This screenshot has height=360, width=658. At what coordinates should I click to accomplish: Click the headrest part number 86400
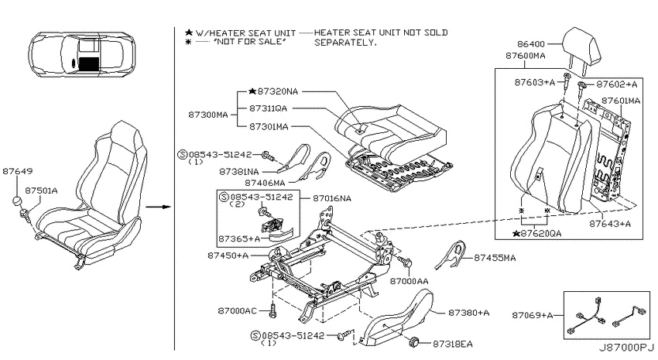pyautogui.click(x=531, y=44)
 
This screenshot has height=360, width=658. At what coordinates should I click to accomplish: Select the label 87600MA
pyautogui.click(x=526, y=56)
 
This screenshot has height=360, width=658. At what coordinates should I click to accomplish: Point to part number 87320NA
pyautogui.click(x=277, y=91)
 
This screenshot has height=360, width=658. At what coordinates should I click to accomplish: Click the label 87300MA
pyautogui.click(x=208, y=115)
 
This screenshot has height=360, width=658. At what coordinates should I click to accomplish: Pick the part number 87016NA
pyautogui.click(x=332, y=198)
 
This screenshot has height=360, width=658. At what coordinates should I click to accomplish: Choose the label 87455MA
pyautogui.click(x=495, y=258)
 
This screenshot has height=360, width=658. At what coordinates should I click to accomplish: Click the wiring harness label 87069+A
pyautogui.click(x=532, y=315)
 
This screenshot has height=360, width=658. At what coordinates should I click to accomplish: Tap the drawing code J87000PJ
pyautogui.click(x=626, y=348)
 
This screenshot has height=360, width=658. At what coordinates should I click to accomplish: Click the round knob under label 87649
pyautogui.click(x=17, y=201)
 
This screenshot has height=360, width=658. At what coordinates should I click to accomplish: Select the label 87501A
pyautogui.click(x=41, y=190)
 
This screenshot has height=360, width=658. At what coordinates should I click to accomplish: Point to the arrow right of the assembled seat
pyautogui.click(x=158, y=207)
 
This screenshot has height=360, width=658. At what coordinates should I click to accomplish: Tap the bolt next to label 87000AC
pyautogui.click(x=273, y=311)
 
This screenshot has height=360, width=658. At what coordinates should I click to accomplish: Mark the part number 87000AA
pyautogui.click(x=410, y=281)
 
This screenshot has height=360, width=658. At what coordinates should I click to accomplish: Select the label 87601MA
pyautogui.click(x=621, y=101)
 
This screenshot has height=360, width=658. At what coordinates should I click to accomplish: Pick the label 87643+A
pyautogui.click(x=610, y=224)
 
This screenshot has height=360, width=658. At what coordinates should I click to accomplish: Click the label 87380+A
pyautogui.click(x=469, y=313)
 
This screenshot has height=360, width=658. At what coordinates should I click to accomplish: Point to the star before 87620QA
pyautogui.click(x=516, y=233)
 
